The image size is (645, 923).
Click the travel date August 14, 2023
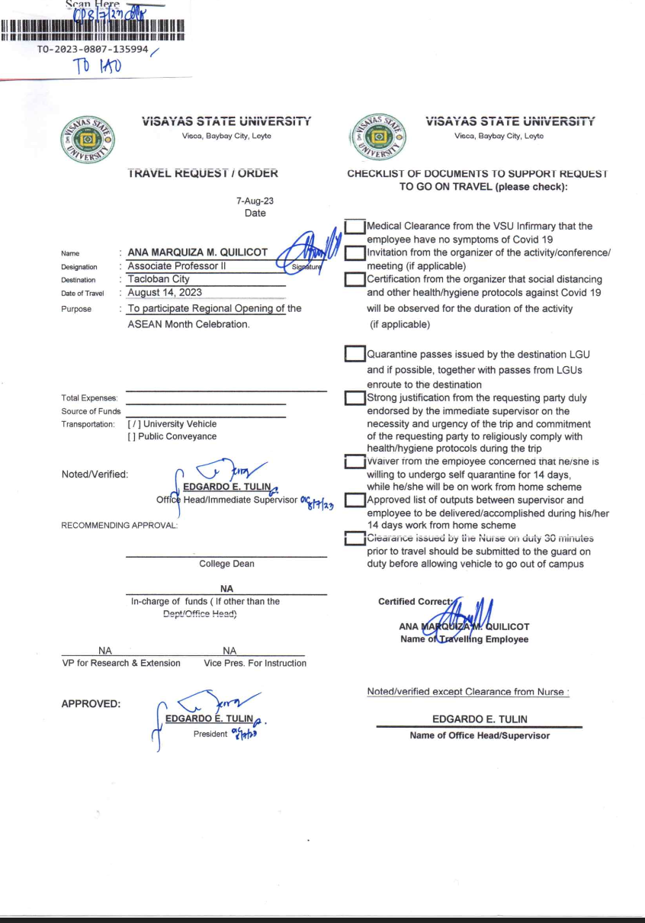pos(165,292)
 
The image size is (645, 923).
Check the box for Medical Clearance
pos(355,227)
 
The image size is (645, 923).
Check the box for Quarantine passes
pos(355,354)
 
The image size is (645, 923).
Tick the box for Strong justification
pos(355,398)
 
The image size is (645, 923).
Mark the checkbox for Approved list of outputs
pos(355,500)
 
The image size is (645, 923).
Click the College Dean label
pos(226,564)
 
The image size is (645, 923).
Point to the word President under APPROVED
pos(210,734)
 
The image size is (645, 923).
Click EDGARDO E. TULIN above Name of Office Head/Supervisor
pos(480,719)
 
